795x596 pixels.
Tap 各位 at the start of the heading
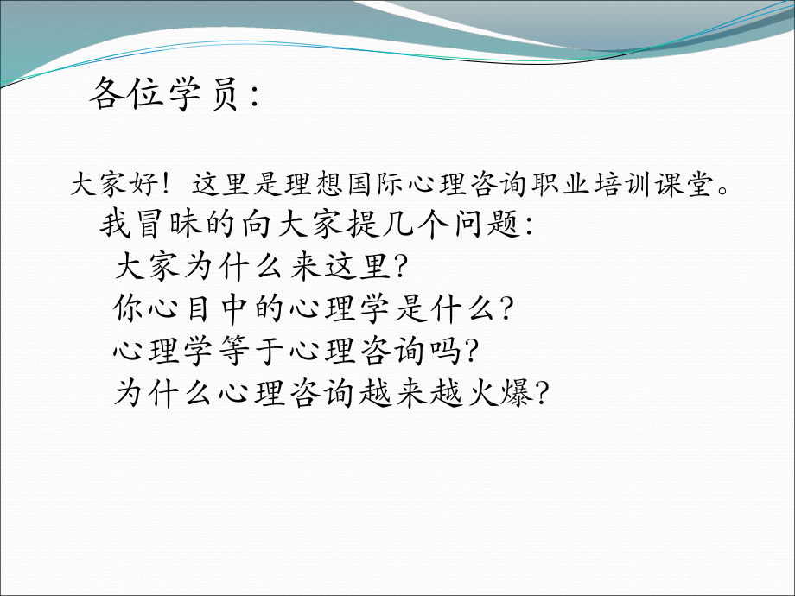[x=125, y=96]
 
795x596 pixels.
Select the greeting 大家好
[x=113, y=185]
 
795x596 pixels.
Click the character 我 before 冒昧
[x=114, y=225]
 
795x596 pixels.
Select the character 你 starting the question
[x=128, y=308]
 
